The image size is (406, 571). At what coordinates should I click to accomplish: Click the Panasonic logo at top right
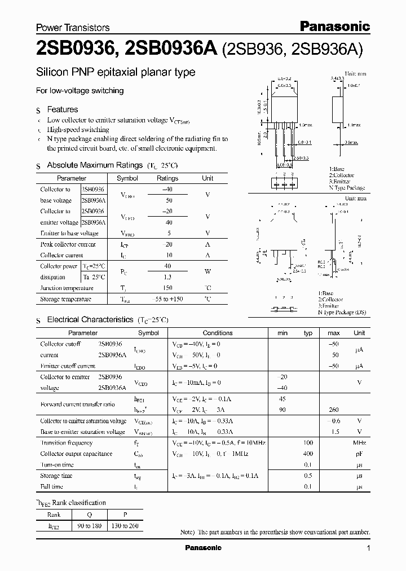pos(334,26)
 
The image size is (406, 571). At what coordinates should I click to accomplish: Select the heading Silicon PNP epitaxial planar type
pos(116,72)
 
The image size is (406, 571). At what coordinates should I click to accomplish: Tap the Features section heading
pos(62,109)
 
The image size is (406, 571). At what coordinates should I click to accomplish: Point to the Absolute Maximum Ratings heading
pos(94,165)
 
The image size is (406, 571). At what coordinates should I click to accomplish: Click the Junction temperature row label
pos(67,288)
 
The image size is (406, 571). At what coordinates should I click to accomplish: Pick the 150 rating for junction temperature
pos(167,288)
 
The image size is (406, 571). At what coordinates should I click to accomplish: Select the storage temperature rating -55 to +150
pos(167,299)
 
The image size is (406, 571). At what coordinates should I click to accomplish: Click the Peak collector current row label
pos(68,244)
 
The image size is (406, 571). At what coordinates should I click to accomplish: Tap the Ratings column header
pos(167,178)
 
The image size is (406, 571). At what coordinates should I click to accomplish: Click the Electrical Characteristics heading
pos(90,320)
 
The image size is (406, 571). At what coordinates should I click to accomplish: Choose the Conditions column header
pos(218,333)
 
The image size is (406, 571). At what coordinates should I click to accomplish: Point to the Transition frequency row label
pos(67,443)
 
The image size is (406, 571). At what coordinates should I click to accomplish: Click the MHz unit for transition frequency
pos(359,443)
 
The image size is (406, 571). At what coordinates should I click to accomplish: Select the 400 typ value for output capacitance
pos(308,454)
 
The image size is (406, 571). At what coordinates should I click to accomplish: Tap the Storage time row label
pos(56,476)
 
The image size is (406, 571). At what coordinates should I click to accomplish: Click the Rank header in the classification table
pos(54,515)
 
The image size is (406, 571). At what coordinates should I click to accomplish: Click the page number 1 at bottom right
pos(368,548)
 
